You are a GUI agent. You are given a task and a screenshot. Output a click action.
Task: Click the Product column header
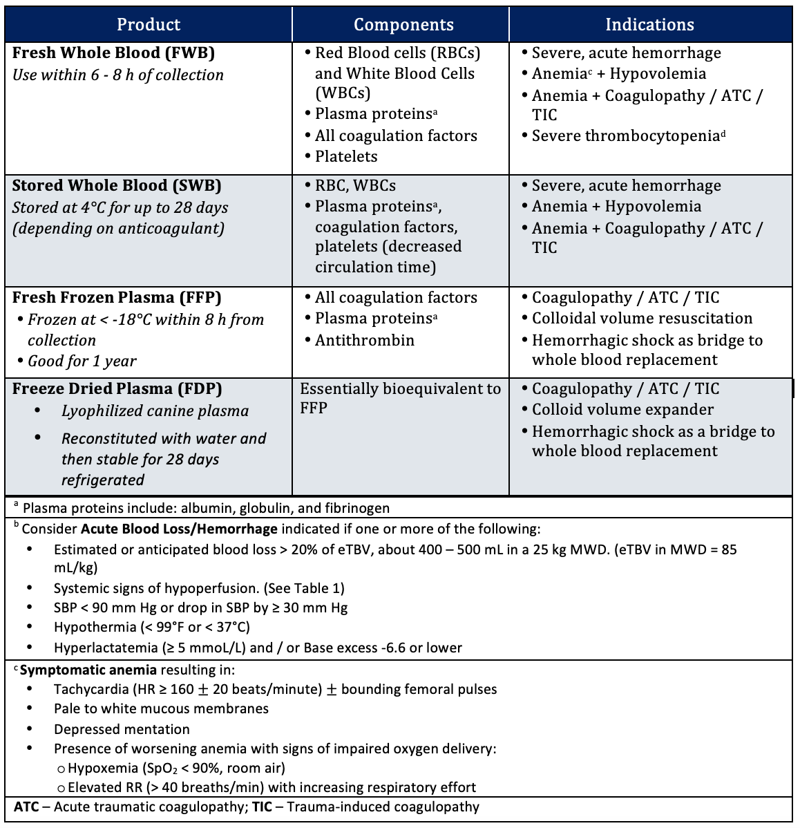coord(149,25)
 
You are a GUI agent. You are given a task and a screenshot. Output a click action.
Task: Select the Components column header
coord(403,25)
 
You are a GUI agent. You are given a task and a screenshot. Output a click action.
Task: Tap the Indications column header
coord(649,25)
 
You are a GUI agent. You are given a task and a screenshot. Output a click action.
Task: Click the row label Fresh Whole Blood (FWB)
coord(113,53)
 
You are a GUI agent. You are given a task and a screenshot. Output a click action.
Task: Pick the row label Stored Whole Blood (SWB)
coord(117,186)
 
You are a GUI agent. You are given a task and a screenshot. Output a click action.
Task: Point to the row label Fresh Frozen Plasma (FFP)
coord(117,298)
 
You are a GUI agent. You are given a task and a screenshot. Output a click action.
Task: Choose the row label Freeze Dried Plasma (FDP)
coord(117,389)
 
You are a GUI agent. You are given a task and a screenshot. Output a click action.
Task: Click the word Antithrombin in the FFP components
coord(365,341)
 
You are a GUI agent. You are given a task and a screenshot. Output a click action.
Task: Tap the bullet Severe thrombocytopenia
coord(626,136)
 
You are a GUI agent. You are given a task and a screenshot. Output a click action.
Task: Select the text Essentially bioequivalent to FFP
coord(400,398)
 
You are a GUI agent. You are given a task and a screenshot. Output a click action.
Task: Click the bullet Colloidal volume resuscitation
coord(642,319)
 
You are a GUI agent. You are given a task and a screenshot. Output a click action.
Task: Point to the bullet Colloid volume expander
coord(622,410)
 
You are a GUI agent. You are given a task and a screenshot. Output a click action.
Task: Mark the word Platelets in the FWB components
coord(346,157)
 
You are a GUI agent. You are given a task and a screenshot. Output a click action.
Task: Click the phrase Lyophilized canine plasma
coord(155,411)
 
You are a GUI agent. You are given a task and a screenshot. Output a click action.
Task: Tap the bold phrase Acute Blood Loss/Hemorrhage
coord(179,529)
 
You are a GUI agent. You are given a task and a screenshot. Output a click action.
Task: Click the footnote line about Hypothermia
coord(152,628)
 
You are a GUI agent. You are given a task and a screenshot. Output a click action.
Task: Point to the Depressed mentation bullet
coord(122,729)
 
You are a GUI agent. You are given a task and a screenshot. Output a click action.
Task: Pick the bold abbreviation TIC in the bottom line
coord(262,807)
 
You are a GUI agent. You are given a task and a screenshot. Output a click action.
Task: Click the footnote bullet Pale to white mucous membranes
coord(161,709)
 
